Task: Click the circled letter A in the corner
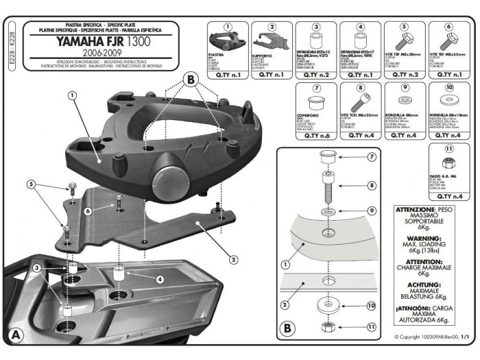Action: click(x=16, y=335)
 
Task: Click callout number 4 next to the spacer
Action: click(x=159, y=279)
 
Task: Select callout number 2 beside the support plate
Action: click(x=232, y=259)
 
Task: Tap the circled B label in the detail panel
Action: click(x=287, y=328)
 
